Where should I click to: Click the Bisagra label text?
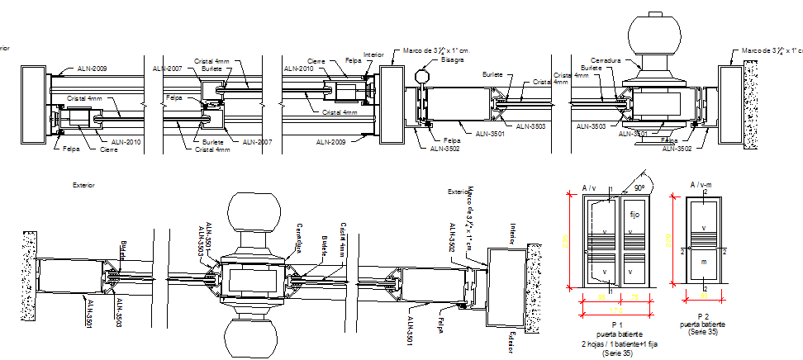(452, 59)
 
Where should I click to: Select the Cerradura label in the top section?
(605, 60)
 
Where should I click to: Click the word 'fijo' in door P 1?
(634, 215)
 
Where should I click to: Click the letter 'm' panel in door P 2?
(703, 262)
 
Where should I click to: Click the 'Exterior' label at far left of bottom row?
(83, 186)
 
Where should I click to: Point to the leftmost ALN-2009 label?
(92, 68)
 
